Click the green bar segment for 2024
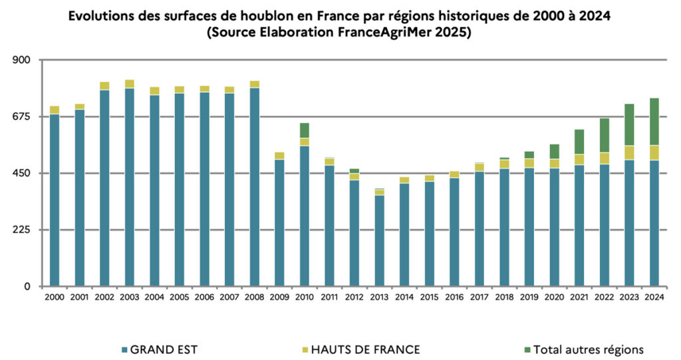click(654, 122)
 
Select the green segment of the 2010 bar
click(305, 130)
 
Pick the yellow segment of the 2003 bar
click(130, 84)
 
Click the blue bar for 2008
click(254, 187)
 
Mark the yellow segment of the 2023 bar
click(629, 152)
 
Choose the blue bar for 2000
click(55, 200)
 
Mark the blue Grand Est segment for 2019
click(529, 227)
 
